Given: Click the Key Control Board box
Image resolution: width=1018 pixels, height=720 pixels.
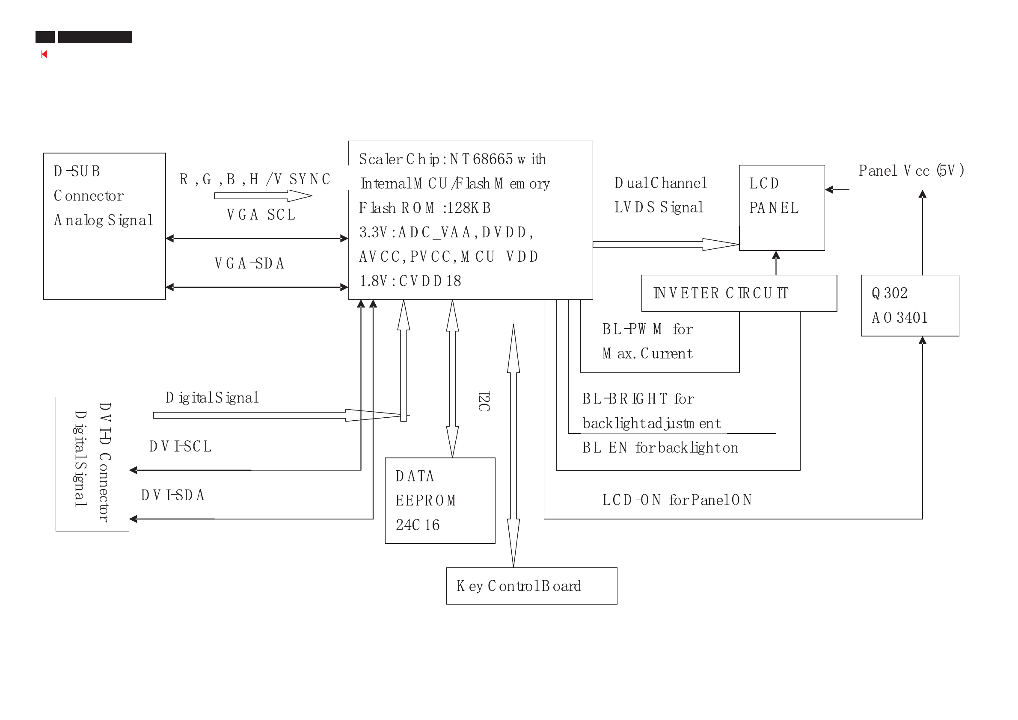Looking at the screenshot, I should (x=531, y=586).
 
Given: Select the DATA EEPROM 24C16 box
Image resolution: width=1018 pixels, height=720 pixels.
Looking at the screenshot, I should (x=440, y=500).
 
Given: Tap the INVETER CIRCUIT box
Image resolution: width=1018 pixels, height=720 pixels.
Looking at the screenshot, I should (x=739, y=293).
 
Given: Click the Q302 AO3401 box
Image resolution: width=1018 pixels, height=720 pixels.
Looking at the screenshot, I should (x=910, y=305).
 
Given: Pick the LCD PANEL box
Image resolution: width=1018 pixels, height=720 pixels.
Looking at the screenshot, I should (x=781, y=207).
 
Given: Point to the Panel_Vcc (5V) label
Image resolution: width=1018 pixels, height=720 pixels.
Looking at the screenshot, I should (x=911, y=171).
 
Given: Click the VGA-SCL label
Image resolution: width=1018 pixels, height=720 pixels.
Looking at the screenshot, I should (x=261, y=215).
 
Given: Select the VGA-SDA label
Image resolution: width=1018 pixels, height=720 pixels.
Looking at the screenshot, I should (x=249, y=263).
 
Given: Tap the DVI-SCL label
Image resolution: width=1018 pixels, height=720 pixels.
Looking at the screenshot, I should (x=180, y=446).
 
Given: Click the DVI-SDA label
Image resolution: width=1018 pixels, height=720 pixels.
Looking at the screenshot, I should (x=172, y=495).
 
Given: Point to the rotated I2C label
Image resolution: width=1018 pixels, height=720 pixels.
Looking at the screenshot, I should (x=484, y=401).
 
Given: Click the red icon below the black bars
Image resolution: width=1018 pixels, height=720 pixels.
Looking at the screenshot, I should (x=44, y=54).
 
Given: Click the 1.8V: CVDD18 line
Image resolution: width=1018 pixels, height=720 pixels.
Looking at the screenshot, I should (x=410, y=280).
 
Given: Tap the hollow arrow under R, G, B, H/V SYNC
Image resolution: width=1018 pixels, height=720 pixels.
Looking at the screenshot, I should (x=263, y=195).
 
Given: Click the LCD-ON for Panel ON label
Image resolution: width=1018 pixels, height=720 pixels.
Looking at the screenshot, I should (x=677, y=500).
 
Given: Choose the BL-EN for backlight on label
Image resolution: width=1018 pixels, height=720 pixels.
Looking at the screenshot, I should (x=660, y=448).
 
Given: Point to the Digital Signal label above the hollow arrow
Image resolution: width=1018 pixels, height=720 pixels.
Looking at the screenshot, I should (x=212, y=398).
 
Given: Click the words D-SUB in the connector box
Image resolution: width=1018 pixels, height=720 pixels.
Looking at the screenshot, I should (x=77, y=171).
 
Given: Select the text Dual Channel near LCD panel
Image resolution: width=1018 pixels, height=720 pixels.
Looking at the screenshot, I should (x=660, y=183).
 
